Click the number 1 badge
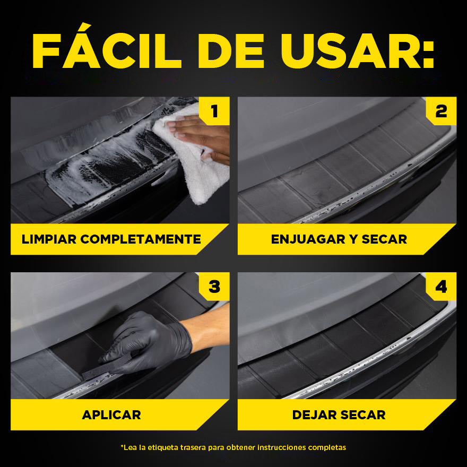pyautogui.click(x=214, y=111)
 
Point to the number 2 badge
pyautogui.click(x=441, y=111)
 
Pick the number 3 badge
pyautogui.click(x=214, y=287)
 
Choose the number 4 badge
pyautogui.click(x=441, y=287)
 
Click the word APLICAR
pyautogui.click(x=111, y=414)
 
